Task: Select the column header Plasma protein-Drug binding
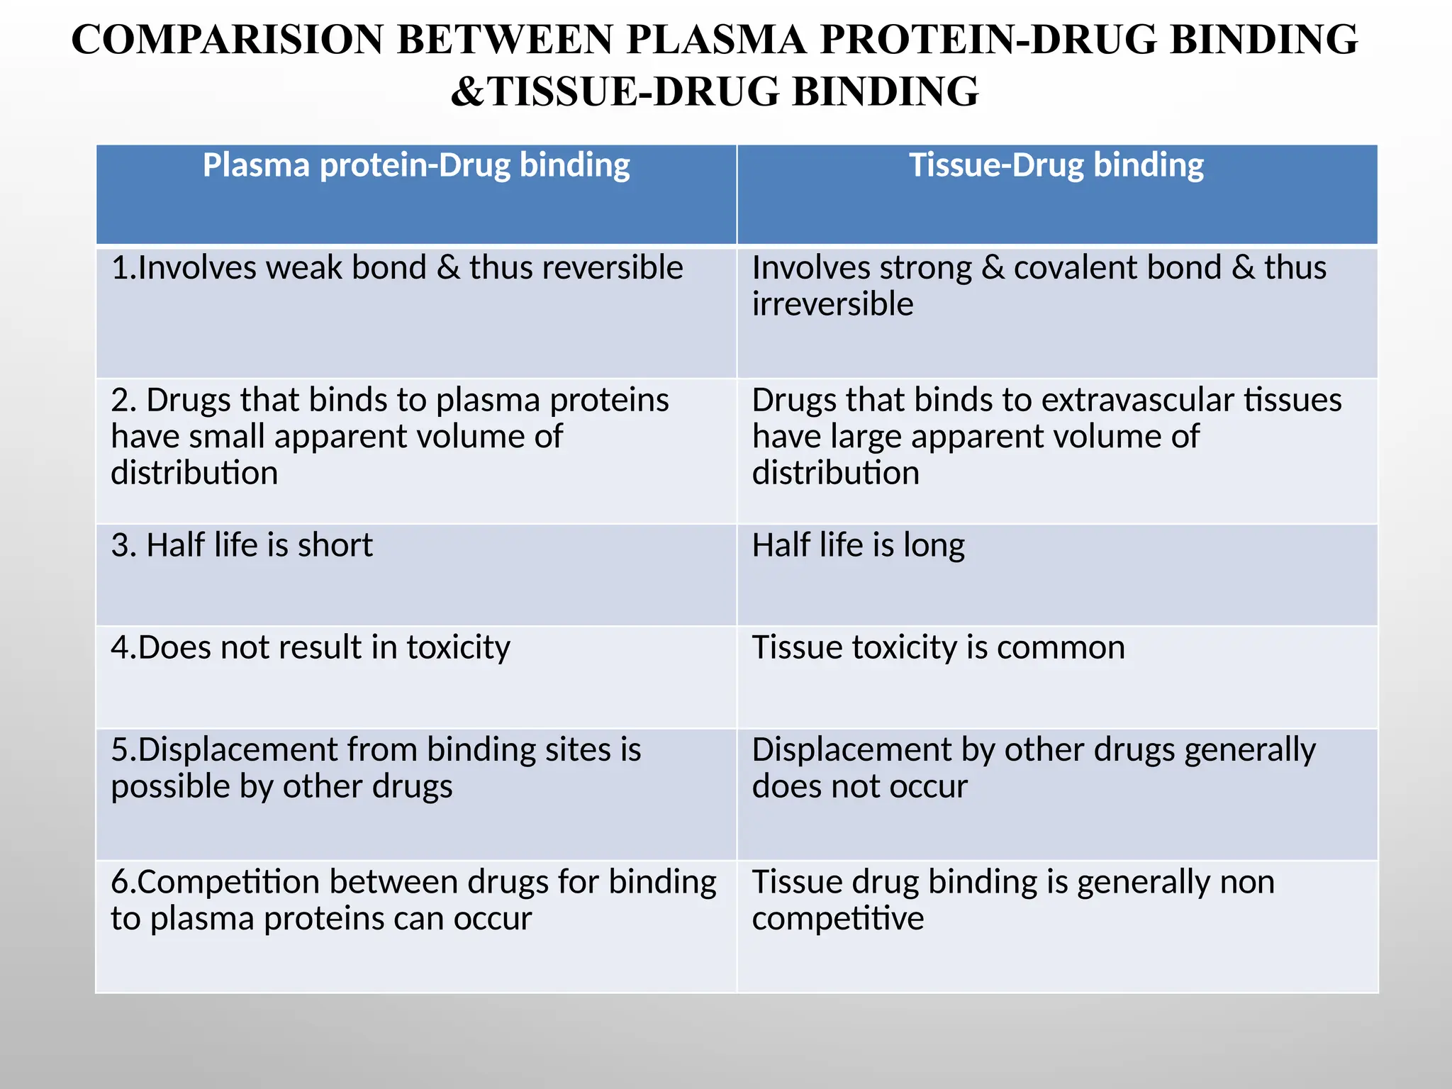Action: [x=416, y=166]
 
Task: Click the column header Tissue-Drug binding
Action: [x=1056, y=166]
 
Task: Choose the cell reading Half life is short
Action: [x=242, y=546]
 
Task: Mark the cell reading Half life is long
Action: [x=858, y=546]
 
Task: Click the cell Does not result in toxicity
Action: [x=311, y=648]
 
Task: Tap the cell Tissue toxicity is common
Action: [x=938, y=648]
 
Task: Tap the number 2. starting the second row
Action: [x=123, y=401]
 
